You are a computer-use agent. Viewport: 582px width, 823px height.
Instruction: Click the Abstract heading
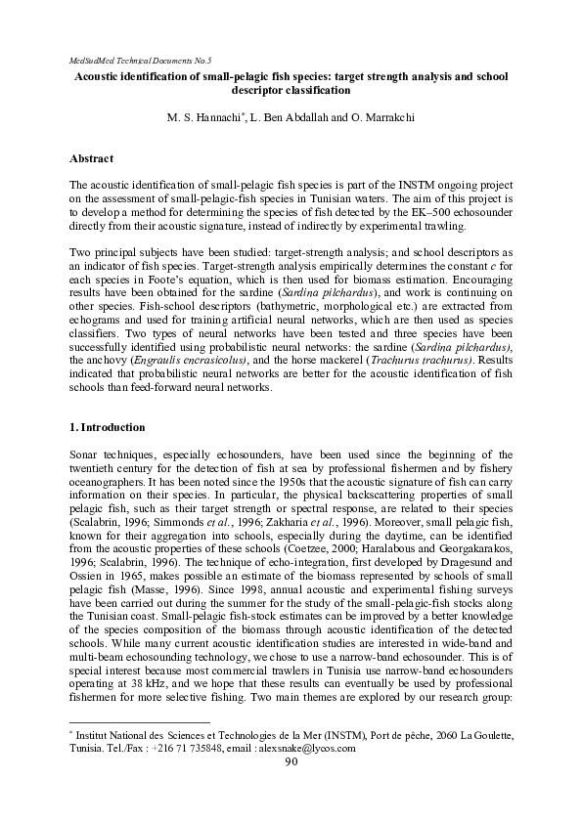[x=92, y=158]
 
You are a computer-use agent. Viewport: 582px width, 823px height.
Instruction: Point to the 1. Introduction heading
[x=108, y=428]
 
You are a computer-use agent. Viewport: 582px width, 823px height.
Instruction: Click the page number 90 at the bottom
[x=291, y=762]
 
